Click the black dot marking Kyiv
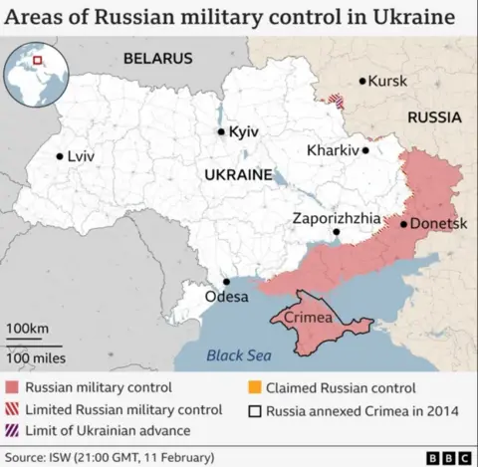pyautogui.click(x=221, y=131)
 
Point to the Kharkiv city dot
pyautogui.click(x=365, y=151)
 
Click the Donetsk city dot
pyautogui.click(x=403, y=224)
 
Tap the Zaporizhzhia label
pyautogui.click(x=336, y=217)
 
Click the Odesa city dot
pyautogui.click(x=226, y=282)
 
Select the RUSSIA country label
pyautogui.click(x=434, y=117)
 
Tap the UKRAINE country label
pyautogui.click(x=237, y=174)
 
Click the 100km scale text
pyautogui.click(x=28, y=329)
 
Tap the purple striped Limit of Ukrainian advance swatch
pyautogui.click(x=12, y=430)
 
